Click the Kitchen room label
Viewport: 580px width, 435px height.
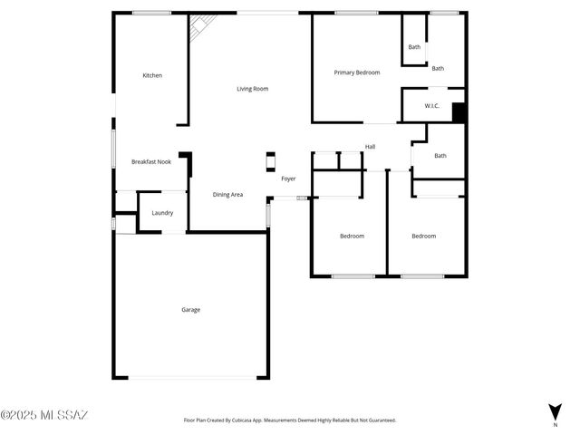coord(152,75)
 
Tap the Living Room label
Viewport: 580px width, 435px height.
coord(253,89)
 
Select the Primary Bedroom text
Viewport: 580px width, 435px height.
coord(356,72)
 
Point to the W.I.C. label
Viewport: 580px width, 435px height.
coord(432,106)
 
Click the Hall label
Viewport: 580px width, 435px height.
coord(371,147)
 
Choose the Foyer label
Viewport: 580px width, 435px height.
coord(288,179)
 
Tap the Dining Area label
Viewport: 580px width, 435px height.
coord(227,194)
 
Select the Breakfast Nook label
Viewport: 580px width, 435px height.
coord(151,161)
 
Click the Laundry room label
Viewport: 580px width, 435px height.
coord(162,213)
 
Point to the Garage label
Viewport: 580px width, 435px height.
coord(190,310)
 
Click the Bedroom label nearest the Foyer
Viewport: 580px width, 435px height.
coord(352,236)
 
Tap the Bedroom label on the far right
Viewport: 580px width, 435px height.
coord(423,236)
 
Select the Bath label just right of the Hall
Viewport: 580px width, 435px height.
coord(440,155)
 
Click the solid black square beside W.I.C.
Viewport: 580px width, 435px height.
coord(459,112)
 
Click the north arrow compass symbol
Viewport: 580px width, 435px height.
coord(555,411)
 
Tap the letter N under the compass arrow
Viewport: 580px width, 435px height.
coord(555,424)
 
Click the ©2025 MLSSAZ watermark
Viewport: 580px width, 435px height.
coord(44,416)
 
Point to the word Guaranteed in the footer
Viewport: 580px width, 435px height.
coord(378,420)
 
